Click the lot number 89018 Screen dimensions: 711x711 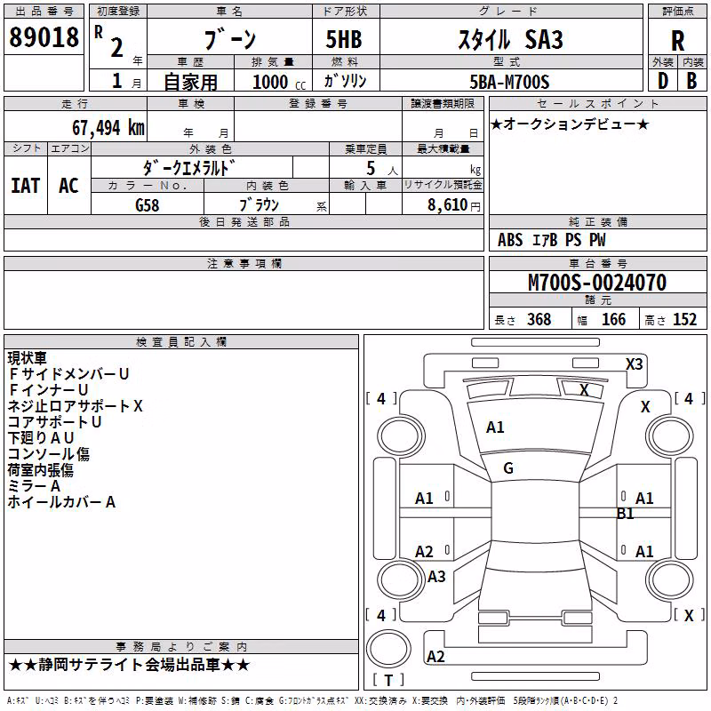point(44,36)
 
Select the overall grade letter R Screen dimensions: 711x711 point(677,40)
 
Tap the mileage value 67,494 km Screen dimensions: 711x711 point(108,128)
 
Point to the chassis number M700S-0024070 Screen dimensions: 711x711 point(597,283)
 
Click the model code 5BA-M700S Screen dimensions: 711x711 point(509,82)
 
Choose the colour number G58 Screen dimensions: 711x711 point(148,205)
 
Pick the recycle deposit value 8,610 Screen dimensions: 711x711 point(447,205)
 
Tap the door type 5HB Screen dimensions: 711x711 point(344,39)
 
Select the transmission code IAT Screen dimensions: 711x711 point(26,186)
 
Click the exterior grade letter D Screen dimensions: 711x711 point(663,81)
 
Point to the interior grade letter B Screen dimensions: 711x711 point(691,81)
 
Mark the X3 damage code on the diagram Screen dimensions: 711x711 point(634,364)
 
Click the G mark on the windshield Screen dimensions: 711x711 point(508,468)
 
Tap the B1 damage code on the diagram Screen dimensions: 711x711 point(625,514)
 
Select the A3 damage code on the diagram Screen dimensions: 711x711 point(436,576)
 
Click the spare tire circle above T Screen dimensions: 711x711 point(388,649)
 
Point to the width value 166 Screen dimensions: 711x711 point(613,319)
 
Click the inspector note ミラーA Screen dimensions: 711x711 point(34,486)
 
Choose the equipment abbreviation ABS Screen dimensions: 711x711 point(510,240)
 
